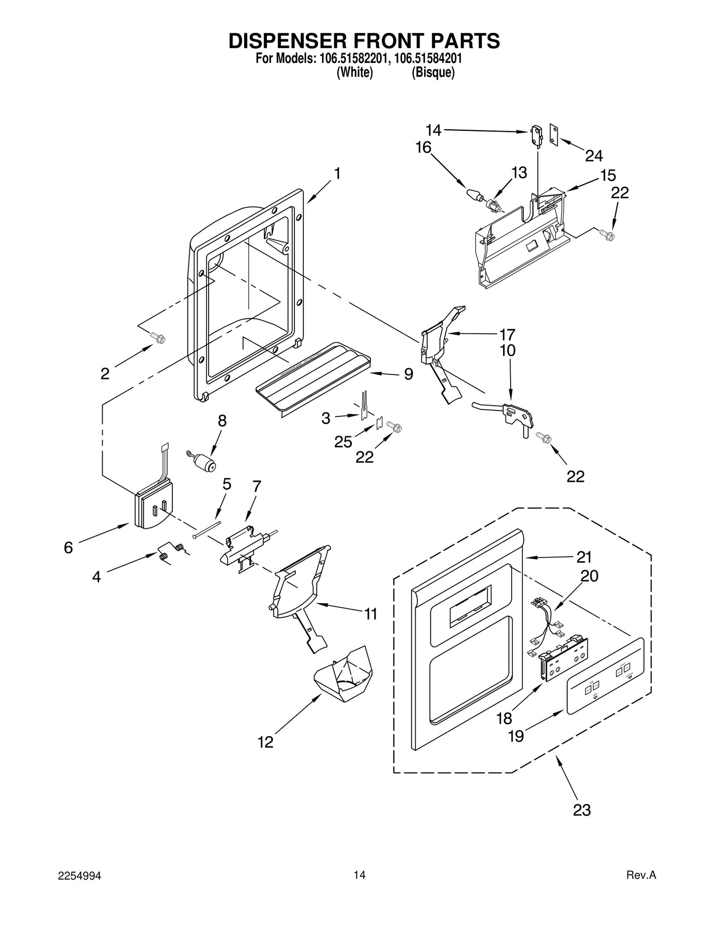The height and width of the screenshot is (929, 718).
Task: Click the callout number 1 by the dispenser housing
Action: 337,174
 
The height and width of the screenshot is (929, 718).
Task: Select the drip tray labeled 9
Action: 313,377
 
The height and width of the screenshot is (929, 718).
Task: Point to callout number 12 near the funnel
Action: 265,742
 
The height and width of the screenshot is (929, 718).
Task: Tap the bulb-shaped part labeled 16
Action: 473,196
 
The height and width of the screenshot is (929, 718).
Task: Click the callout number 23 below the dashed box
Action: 582,810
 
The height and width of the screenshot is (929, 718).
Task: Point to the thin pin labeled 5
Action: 207,529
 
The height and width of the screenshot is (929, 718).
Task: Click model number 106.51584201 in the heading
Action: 428,59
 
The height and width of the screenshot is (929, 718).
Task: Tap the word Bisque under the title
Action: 433,73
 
